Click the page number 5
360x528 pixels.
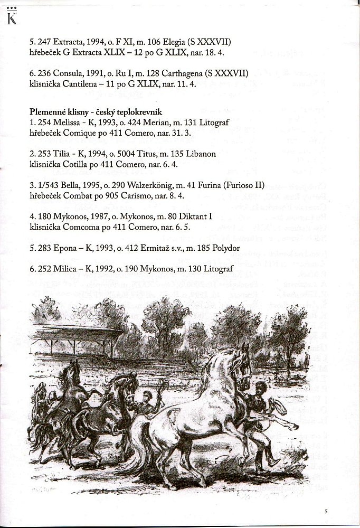326,511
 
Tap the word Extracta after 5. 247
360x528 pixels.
68,41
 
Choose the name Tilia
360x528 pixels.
61,154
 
